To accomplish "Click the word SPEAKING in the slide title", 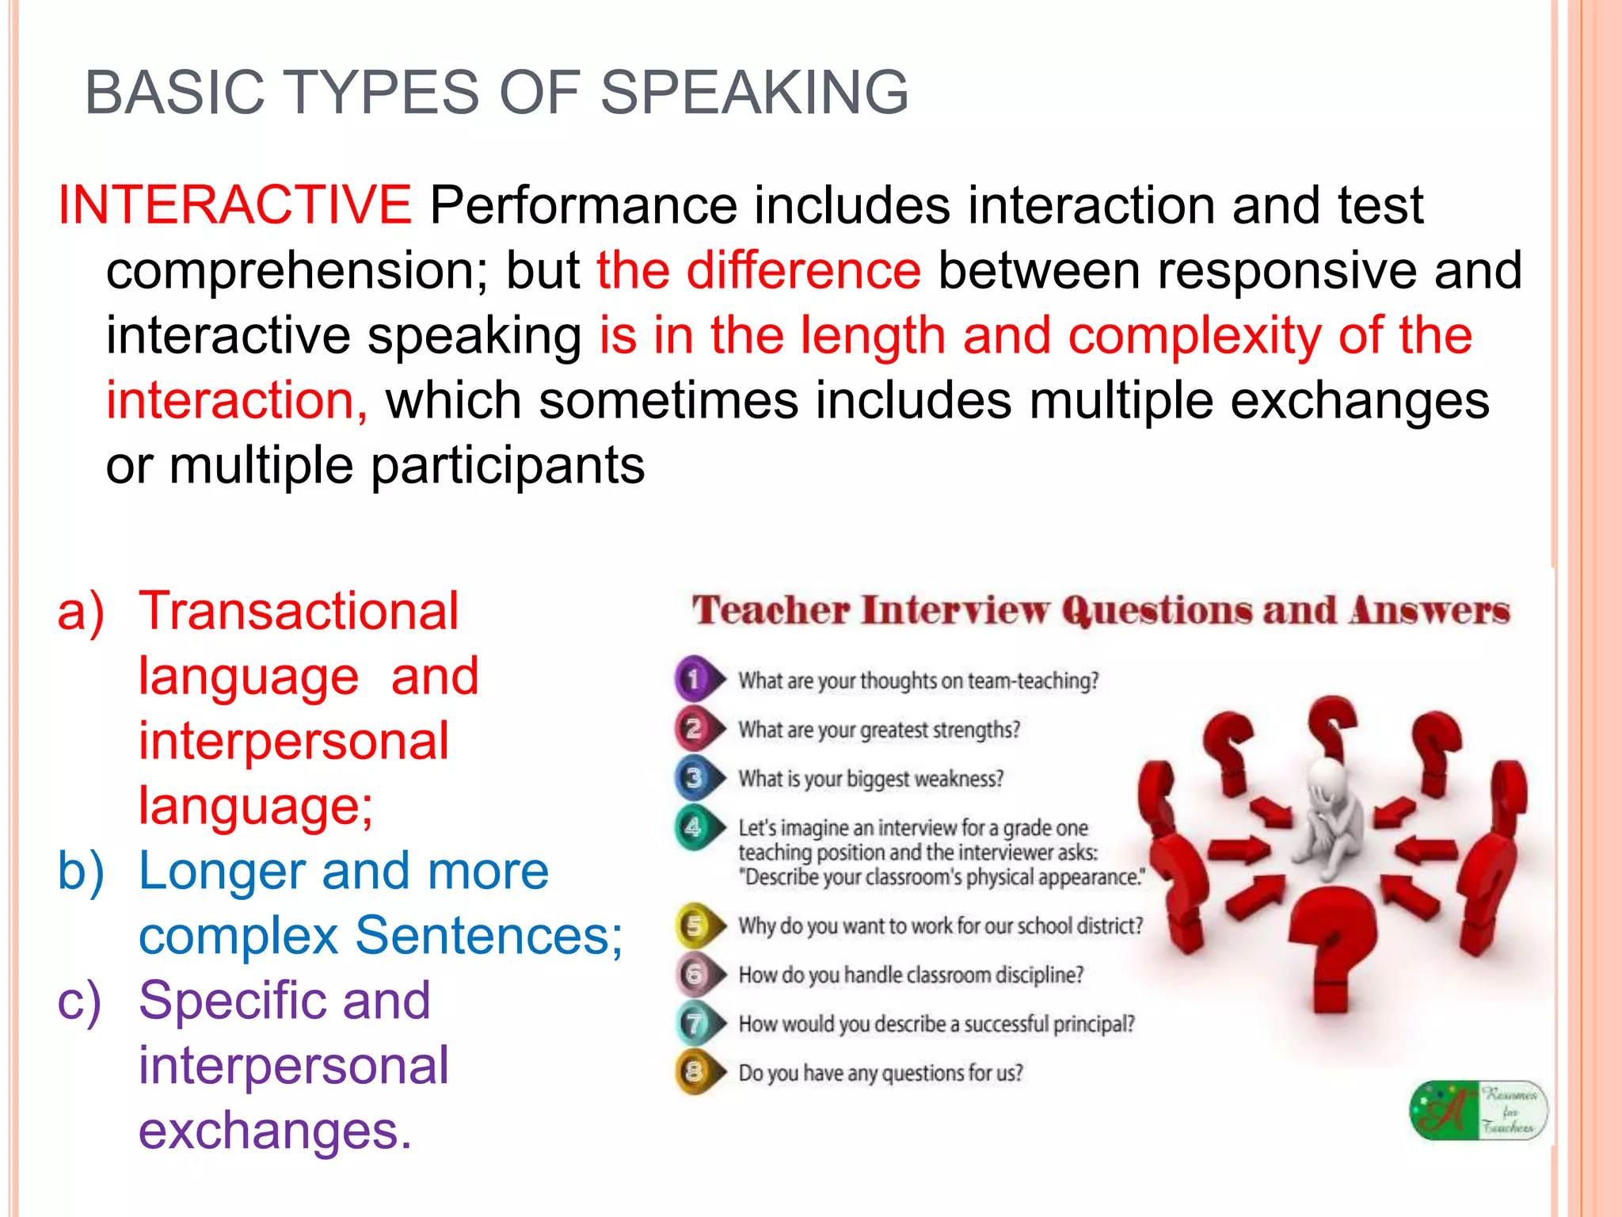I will [754, 93].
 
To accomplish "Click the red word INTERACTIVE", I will [234, 205].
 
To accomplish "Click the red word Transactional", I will [299, 611].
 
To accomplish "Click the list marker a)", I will [80, 611].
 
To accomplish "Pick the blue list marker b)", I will [80, 871].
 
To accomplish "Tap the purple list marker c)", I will [80, 1001].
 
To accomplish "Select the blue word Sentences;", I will [489, 936].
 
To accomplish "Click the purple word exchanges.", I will [275, 1131].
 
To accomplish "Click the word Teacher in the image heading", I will [771, 611].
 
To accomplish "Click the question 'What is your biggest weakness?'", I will [870, 779].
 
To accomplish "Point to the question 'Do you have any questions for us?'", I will [880, 1073].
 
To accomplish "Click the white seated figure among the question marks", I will [1329, 816].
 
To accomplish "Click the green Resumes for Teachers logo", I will [1478, 1110].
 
